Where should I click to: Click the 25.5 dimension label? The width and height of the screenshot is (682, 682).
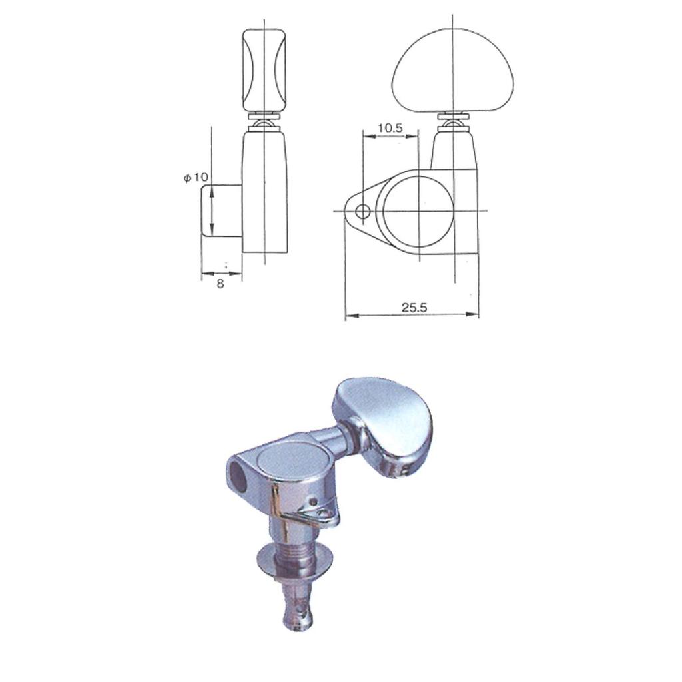414,307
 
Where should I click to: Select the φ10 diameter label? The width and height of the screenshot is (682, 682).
196,178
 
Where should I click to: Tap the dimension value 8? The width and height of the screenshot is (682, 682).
220,283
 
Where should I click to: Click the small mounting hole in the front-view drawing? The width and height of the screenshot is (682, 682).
363,212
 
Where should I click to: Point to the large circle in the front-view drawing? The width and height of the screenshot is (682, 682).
418,211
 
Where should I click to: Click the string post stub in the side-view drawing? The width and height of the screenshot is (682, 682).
221,211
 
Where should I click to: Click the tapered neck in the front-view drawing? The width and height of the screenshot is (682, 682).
454,151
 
